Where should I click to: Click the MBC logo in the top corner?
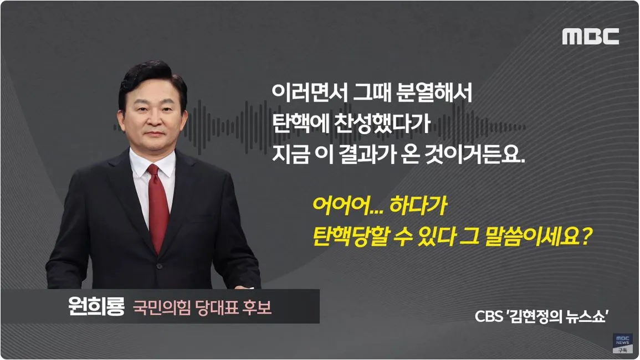pos(591,37)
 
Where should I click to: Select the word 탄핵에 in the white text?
pos(300,122)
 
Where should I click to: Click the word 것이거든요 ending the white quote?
pos(480,153)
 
